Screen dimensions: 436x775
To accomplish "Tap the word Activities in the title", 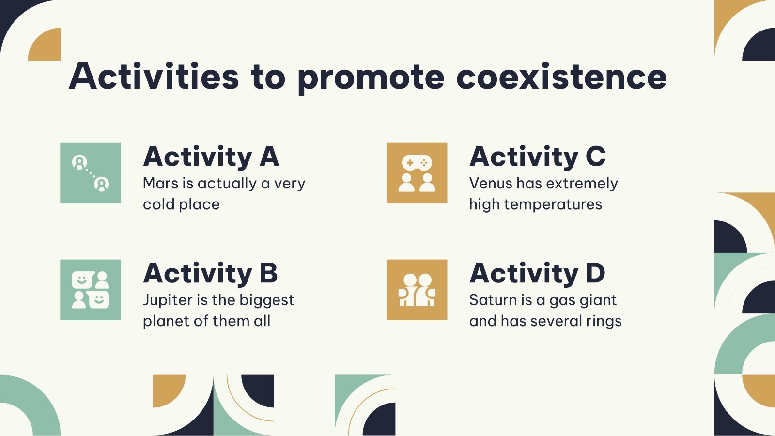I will pyautogui.click(x=154, y=77).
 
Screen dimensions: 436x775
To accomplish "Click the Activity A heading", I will pyautogui.click(x=211, y=156).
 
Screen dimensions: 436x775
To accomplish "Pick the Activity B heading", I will pyautogui.click(x=210, y=273).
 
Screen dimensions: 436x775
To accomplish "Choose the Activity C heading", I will pyautogui.click(x=538, y=156).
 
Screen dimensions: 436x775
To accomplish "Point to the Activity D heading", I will pyautogui.click(x=537, y=273).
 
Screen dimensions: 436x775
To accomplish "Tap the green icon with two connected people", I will pyautogui.click(x=91, y=173).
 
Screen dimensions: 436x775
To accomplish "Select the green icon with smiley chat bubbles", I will pyautogui.click(x=91, y=290).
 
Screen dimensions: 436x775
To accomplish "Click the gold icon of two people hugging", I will pyautogui.click(x=417, y=290).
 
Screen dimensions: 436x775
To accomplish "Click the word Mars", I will pyautogui.click(x=161, y=184).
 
